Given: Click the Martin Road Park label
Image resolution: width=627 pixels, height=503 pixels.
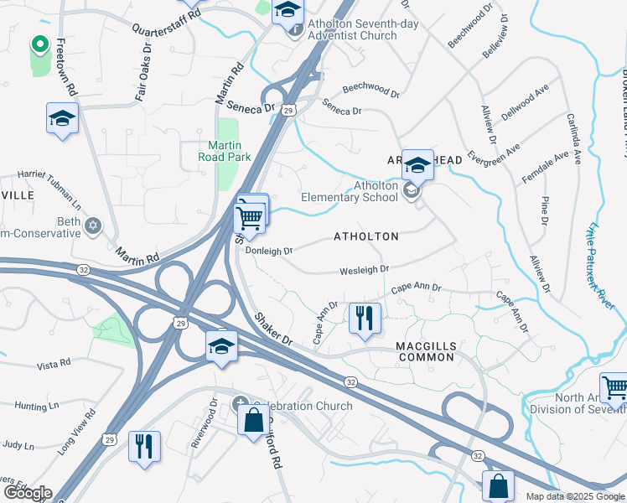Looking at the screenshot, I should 225,150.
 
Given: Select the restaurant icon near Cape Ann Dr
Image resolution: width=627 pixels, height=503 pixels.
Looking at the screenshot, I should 364,319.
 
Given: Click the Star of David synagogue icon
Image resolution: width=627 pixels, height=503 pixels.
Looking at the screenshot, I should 93,226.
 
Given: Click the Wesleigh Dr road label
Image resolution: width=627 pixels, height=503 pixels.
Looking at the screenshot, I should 364,270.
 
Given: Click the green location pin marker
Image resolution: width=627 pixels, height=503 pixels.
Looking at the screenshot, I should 39,44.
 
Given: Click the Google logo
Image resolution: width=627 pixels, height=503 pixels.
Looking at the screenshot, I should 28,493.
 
